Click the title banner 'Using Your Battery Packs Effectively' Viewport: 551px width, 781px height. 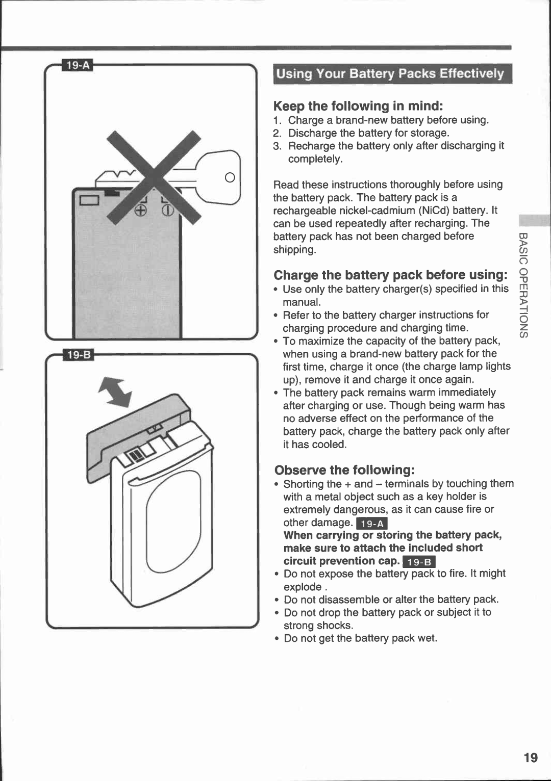click(390, 74)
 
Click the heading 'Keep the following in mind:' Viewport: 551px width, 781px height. click(358, 106)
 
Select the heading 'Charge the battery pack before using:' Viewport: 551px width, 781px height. click(390, 275)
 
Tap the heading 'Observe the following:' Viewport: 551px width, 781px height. click(344, 470)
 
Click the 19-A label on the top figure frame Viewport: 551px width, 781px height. click(78, 65)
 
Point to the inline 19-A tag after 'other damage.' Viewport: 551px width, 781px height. click(372, 524)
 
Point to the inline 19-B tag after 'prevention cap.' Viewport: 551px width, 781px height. click(418, 562)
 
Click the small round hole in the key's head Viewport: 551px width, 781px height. click(230, 177)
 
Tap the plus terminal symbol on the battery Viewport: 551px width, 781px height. click(141, 211)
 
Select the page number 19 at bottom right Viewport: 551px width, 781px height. click(530, 758)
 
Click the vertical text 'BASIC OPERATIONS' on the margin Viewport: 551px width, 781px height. click(524, 285)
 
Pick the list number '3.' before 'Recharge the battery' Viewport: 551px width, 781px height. click(277, 146)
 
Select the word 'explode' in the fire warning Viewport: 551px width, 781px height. click(303, 587)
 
